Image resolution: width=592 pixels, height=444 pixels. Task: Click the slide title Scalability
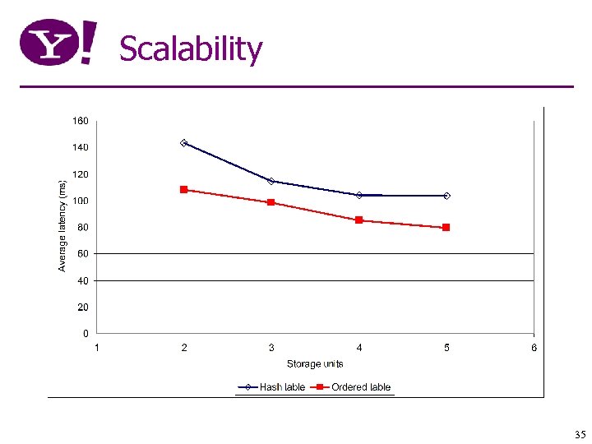click(191, 49)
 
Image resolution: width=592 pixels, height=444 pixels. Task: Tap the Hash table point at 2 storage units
click(184, 143)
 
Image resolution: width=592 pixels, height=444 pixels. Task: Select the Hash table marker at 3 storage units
click(271, 181)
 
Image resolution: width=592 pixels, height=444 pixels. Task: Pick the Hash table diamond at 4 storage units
click(359, 195)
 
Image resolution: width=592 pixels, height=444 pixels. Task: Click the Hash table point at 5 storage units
click(446, 196)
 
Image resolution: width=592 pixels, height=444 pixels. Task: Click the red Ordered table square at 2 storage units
click(184, 189)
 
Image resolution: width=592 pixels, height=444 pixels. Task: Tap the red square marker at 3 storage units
click(271, 202)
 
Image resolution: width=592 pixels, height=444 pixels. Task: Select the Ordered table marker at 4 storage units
click(359, 220)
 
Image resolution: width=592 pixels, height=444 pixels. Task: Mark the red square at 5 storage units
click(446, 227)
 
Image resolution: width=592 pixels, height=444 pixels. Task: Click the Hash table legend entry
click(272, 387)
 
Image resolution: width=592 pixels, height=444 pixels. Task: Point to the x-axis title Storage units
click(315, 363)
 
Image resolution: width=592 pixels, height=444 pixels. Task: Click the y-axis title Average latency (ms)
click(62, 224)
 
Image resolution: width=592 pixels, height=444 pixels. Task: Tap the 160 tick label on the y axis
click(81, 121)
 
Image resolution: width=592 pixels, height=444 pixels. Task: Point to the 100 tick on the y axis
click(81, 201)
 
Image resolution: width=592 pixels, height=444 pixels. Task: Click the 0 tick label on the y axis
click(86, 334)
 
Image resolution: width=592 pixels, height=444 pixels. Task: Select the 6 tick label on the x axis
click(534, 348)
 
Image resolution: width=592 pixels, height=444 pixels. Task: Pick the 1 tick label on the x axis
click(97, 348)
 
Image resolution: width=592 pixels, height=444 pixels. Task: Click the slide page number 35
click(580, 434)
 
